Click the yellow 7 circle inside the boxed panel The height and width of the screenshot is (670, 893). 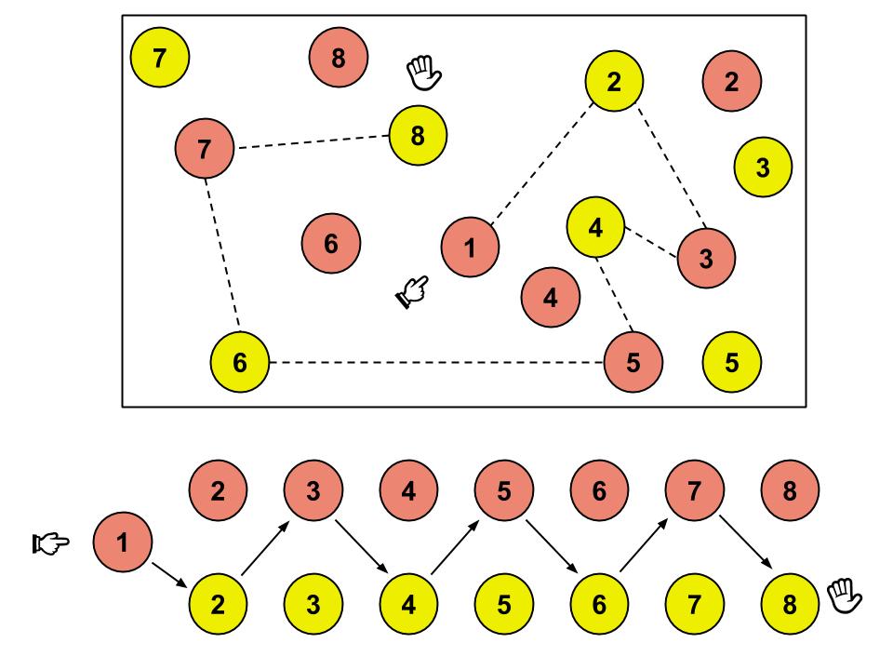click(160, 59)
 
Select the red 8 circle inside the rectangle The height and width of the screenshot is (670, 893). click(338, 59)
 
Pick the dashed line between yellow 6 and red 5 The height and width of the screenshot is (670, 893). click(436, 362)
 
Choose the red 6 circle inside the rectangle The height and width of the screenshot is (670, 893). click(331, 244)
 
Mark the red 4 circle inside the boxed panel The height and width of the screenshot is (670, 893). click(551, 298)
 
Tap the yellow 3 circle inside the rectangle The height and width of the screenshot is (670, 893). click(763, 167)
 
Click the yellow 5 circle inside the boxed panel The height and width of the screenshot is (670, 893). click(732, 361)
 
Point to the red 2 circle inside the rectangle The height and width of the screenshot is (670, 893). click(732, 82)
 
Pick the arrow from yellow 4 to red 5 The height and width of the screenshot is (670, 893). click(456, 547)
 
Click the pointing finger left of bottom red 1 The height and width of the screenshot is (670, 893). click(49, 540)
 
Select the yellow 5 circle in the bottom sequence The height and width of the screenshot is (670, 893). click(503, 604)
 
